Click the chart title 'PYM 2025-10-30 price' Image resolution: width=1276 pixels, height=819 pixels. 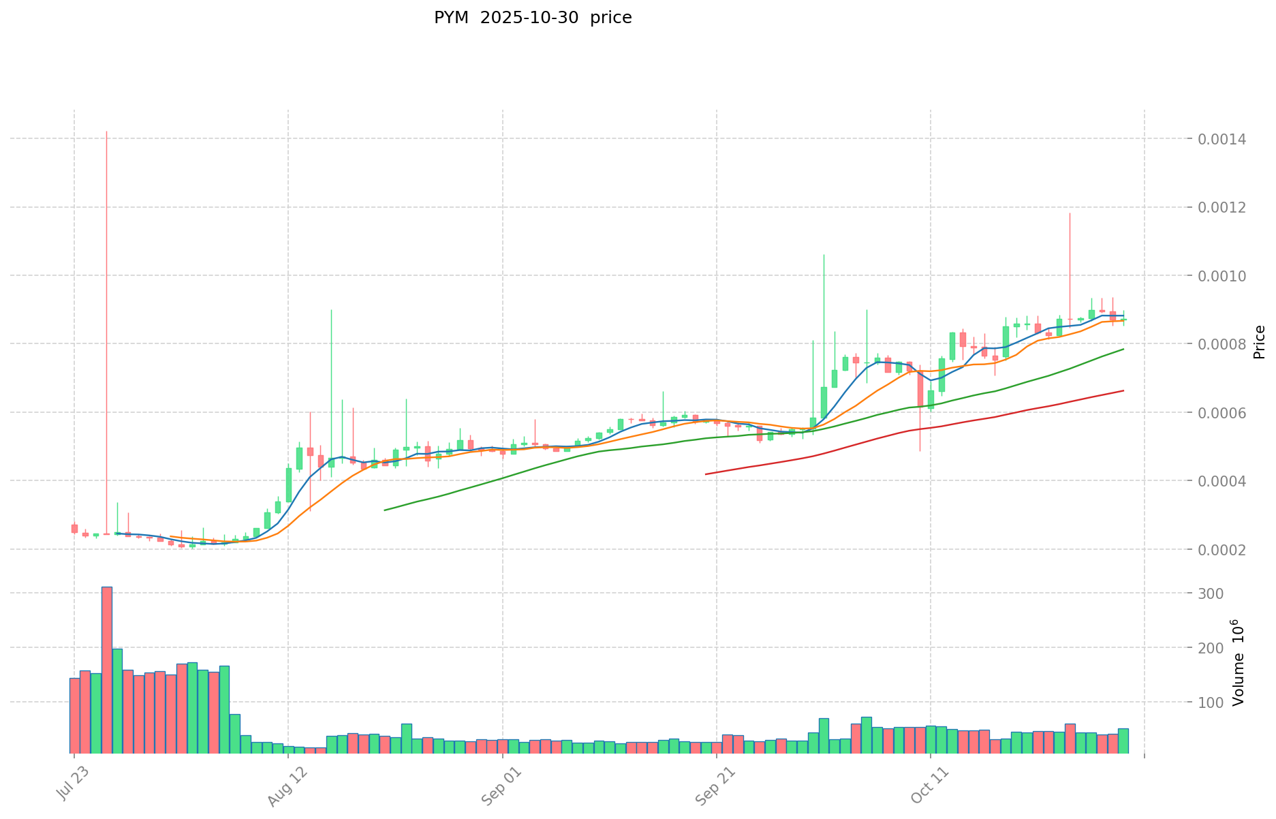(533, 18)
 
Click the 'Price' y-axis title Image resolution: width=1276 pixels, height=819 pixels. (1259, 342)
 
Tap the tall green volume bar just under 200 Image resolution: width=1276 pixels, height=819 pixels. (117, 700)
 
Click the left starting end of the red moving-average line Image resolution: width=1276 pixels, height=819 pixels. (706, 474)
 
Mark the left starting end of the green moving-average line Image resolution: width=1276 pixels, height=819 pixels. (385, 510)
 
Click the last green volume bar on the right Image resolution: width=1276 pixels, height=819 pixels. (1123, 741)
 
